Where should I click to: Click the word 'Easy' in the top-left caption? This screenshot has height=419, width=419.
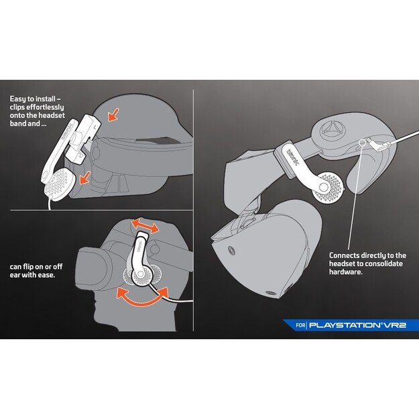point(18,99)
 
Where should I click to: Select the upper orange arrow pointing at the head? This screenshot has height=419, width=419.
point(113,115)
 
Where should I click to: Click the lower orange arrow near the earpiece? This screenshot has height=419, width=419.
point(85,178)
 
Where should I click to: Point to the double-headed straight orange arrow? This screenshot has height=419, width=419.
point(145,226)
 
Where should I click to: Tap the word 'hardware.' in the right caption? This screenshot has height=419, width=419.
point(345,272)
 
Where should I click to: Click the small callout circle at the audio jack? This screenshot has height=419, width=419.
point(362,142)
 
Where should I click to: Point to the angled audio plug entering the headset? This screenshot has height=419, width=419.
point(378,143)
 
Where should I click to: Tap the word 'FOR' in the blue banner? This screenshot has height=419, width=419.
point(300,325)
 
